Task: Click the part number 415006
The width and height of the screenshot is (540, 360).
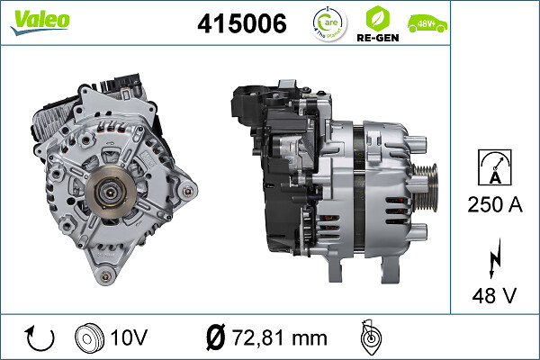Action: (241, 25)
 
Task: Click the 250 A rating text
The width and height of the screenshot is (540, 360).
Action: (495, 205)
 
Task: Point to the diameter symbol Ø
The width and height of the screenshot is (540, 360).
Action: (216, 337)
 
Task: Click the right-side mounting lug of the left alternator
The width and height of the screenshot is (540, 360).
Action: (187, 190)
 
